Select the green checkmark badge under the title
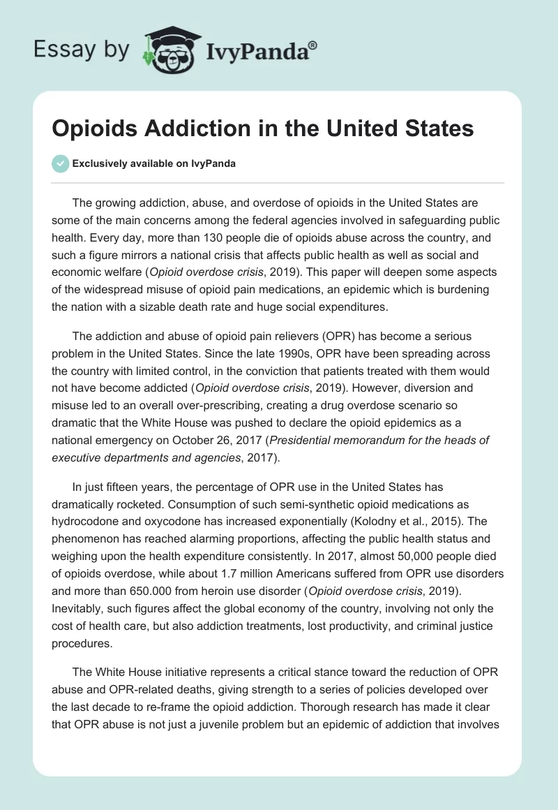click(x=60, y=163)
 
